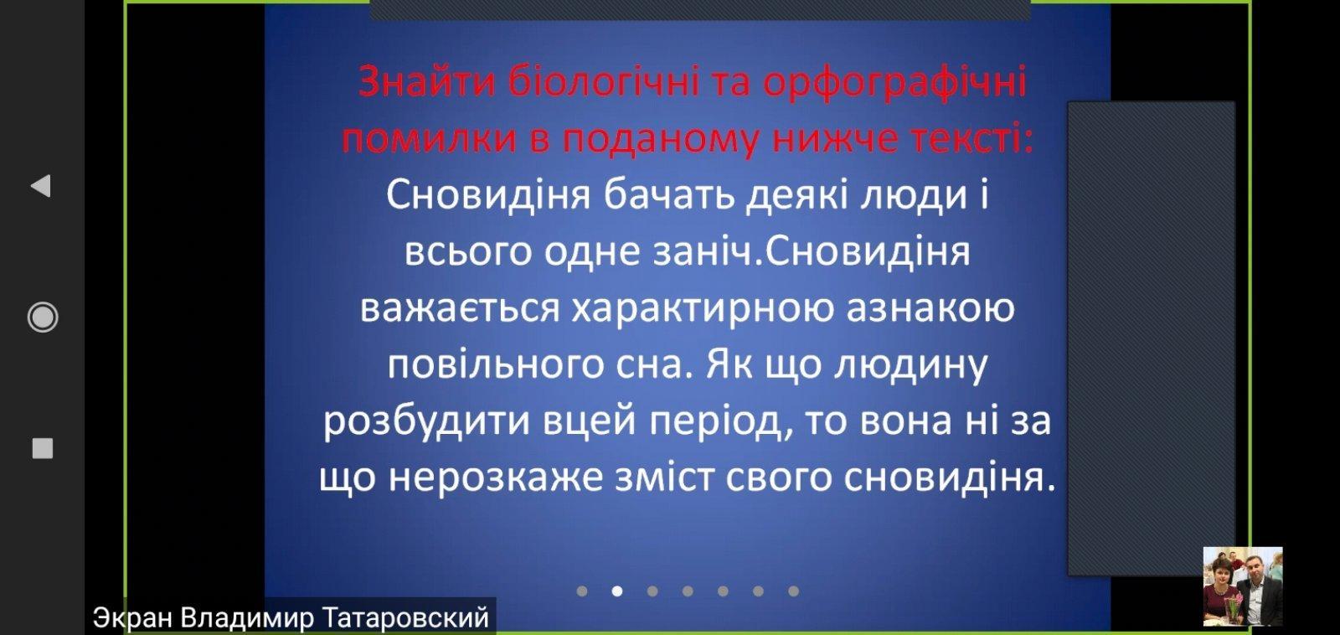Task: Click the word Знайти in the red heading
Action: point(427,83)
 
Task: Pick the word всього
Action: point(468,251)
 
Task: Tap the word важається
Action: point(460,309)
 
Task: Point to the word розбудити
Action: point(426,421)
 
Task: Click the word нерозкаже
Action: point(496,478)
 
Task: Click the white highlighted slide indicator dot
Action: point(616,591)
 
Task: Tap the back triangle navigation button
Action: point(41,186)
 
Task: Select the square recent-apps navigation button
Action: point(43,448)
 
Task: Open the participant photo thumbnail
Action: point(1243,586)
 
